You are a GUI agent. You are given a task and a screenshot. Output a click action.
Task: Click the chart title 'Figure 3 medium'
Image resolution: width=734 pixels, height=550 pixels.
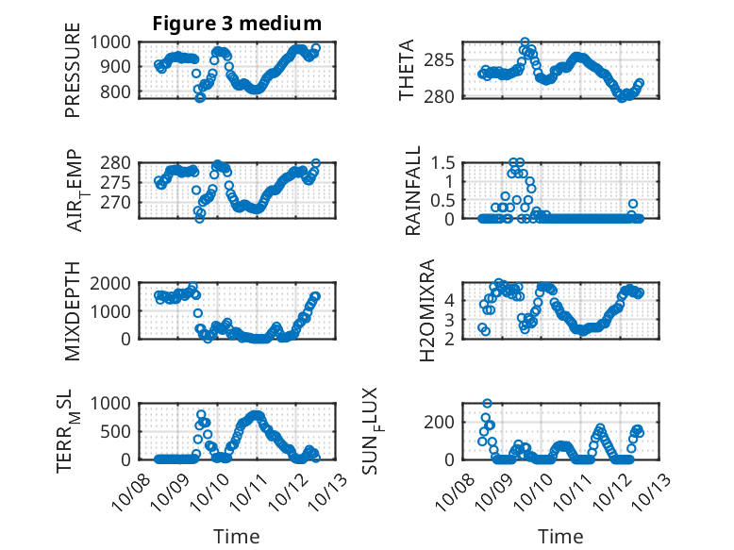[237, 24]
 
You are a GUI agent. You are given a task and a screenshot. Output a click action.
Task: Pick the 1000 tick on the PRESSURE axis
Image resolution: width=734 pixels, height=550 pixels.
[119, 42]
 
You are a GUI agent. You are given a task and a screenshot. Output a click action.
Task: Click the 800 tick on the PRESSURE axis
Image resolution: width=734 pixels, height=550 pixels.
[124, 92]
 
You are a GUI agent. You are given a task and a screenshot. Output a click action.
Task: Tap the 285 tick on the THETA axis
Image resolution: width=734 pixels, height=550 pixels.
[447, 60]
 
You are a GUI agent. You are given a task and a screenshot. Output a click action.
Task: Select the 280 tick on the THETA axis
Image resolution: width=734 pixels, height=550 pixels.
[447, 95]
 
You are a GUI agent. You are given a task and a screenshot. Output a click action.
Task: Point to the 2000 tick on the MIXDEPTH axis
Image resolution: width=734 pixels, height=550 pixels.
[119, 283]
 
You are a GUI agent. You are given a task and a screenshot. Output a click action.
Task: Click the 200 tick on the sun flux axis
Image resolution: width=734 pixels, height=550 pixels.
[447, 421]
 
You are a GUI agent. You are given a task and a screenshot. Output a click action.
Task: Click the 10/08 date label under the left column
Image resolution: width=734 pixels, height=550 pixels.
[127, 486]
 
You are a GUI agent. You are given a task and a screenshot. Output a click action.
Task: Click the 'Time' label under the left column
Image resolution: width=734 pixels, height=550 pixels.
[236, 537]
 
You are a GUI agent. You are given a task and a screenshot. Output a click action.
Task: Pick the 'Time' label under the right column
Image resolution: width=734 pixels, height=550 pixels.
[560, 537]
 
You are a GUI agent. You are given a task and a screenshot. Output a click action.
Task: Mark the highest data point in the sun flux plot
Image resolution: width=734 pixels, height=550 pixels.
[488, 404]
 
